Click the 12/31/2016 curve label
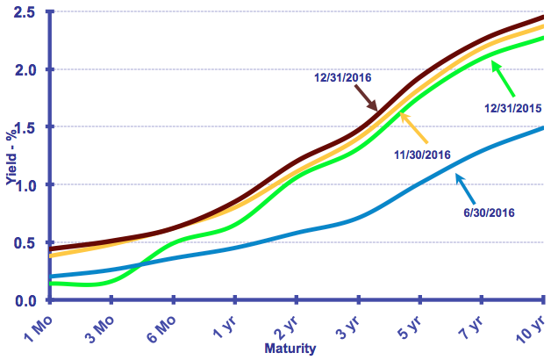[343, 77]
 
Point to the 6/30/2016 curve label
[487, 212]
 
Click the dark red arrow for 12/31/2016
[366, 98]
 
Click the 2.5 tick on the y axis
[25, 12]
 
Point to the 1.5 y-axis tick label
[25, 127]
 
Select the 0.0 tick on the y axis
[25, 300]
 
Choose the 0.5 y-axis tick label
[25, 242]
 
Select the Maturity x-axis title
[290, 349]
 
